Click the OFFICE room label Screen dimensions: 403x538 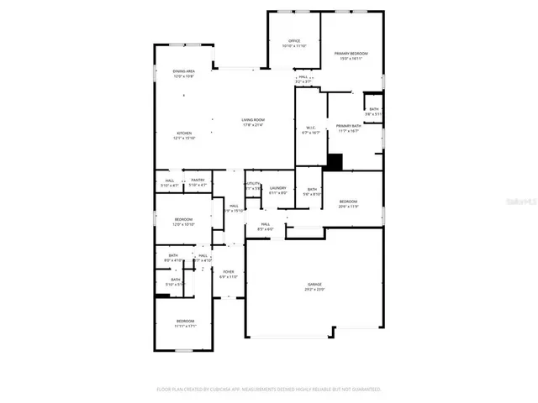click(x=294, y=41)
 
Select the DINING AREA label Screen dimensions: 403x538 click(x=184, y=72)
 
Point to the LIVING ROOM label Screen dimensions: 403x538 click(x=253, y=121)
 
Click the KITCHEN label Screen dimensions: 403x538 click(x=184, y=133)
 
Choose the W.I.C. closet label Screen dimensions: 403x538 click(x=310, y=128)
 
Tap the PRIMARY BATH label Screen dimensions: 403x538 click(x=349, y=126)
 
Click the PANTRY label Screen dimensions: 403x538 click(x=198, y=180)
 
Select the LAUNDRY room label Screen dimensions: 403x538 click(x=278, y=188)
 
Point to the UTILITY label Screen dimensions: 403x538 click(x=253, y=183)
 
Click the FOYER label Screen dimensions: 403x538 click(x=229, y=272)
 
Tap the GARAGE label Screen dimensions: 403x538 click(x=314, y=286)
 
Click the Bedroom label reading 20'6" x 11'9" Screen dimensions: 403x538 click(x=348, y=201)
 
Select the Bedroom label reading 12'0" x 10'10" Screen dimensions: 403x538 click(x=183, y=220)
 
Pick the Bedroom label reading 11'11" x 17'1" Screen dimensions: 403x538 click(x=185, y=322)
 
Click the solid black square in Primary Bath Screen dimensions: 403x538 click(x=335, y=162)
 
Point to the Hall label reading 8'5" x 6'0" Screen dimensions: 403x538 click(x=265, y=225)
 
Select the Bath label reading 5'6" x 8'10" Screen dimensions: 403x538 click(x=311, y=191)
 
